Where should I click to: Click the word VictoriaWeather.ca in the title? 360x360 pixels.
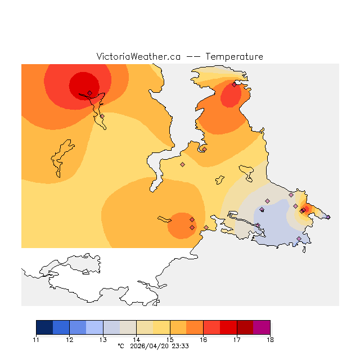coord(138,57)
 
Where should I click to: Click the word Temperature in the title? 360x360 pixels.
coord(234,57)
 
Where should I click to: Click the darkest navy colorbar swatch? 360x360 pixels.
coord(44,327)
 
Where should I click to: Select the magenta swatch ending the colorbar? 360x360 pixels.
coord(262,327)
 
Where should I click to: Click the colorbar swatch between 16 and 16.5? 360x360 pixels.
coord(211,327)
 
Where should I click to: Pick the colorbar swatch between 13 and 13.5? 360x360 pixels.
coord(111,327)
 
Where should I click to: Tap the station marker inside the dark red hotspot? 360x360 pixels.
coord(89,93)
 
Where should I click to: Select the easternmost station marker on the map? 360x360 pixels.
coord(328,217)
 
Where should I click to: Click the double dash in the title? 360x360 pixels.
coord(193,57)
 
